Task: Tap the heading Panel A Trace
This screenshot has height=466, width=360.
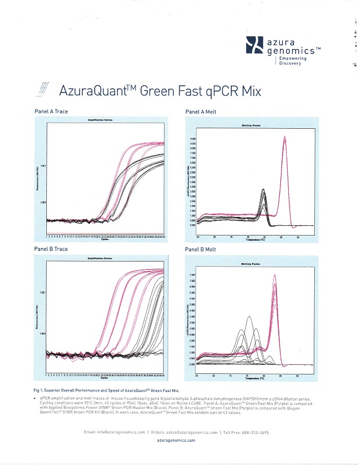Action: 51,111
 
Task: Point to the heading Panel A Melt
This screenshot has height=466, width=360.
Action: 199,112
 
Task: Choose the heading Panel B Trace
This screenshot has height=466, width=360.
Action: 51,249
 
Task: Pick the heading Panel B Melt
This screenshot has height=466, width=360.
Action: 199,249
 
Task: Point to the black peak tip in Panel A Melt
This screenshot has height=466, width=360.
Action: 264,190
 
